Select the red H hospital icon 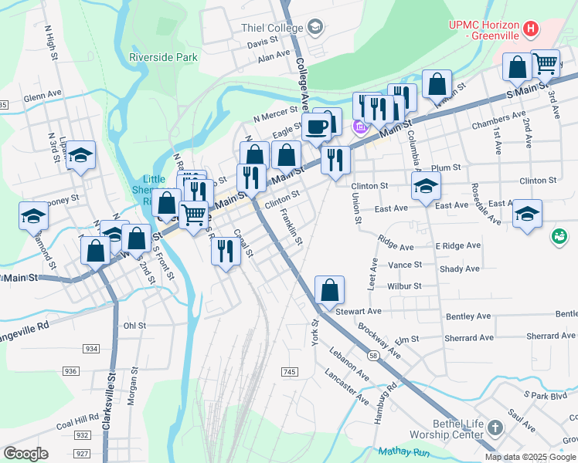tap(530, 29)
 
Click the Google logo tap(25, 453)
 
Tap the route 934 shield tap(91, 349)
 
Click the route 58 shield tap(372, 356)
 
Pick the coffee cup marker tap(316, 127)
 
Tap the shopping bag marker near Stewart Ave tap(329, 291)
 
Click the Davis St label tap(263, 42)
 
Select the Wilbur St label tap(405, 286)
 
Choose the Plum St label tap(446, 167)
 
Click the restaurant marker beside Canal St tap(225, 251)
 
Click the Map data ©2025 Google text tap(531, 457)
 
